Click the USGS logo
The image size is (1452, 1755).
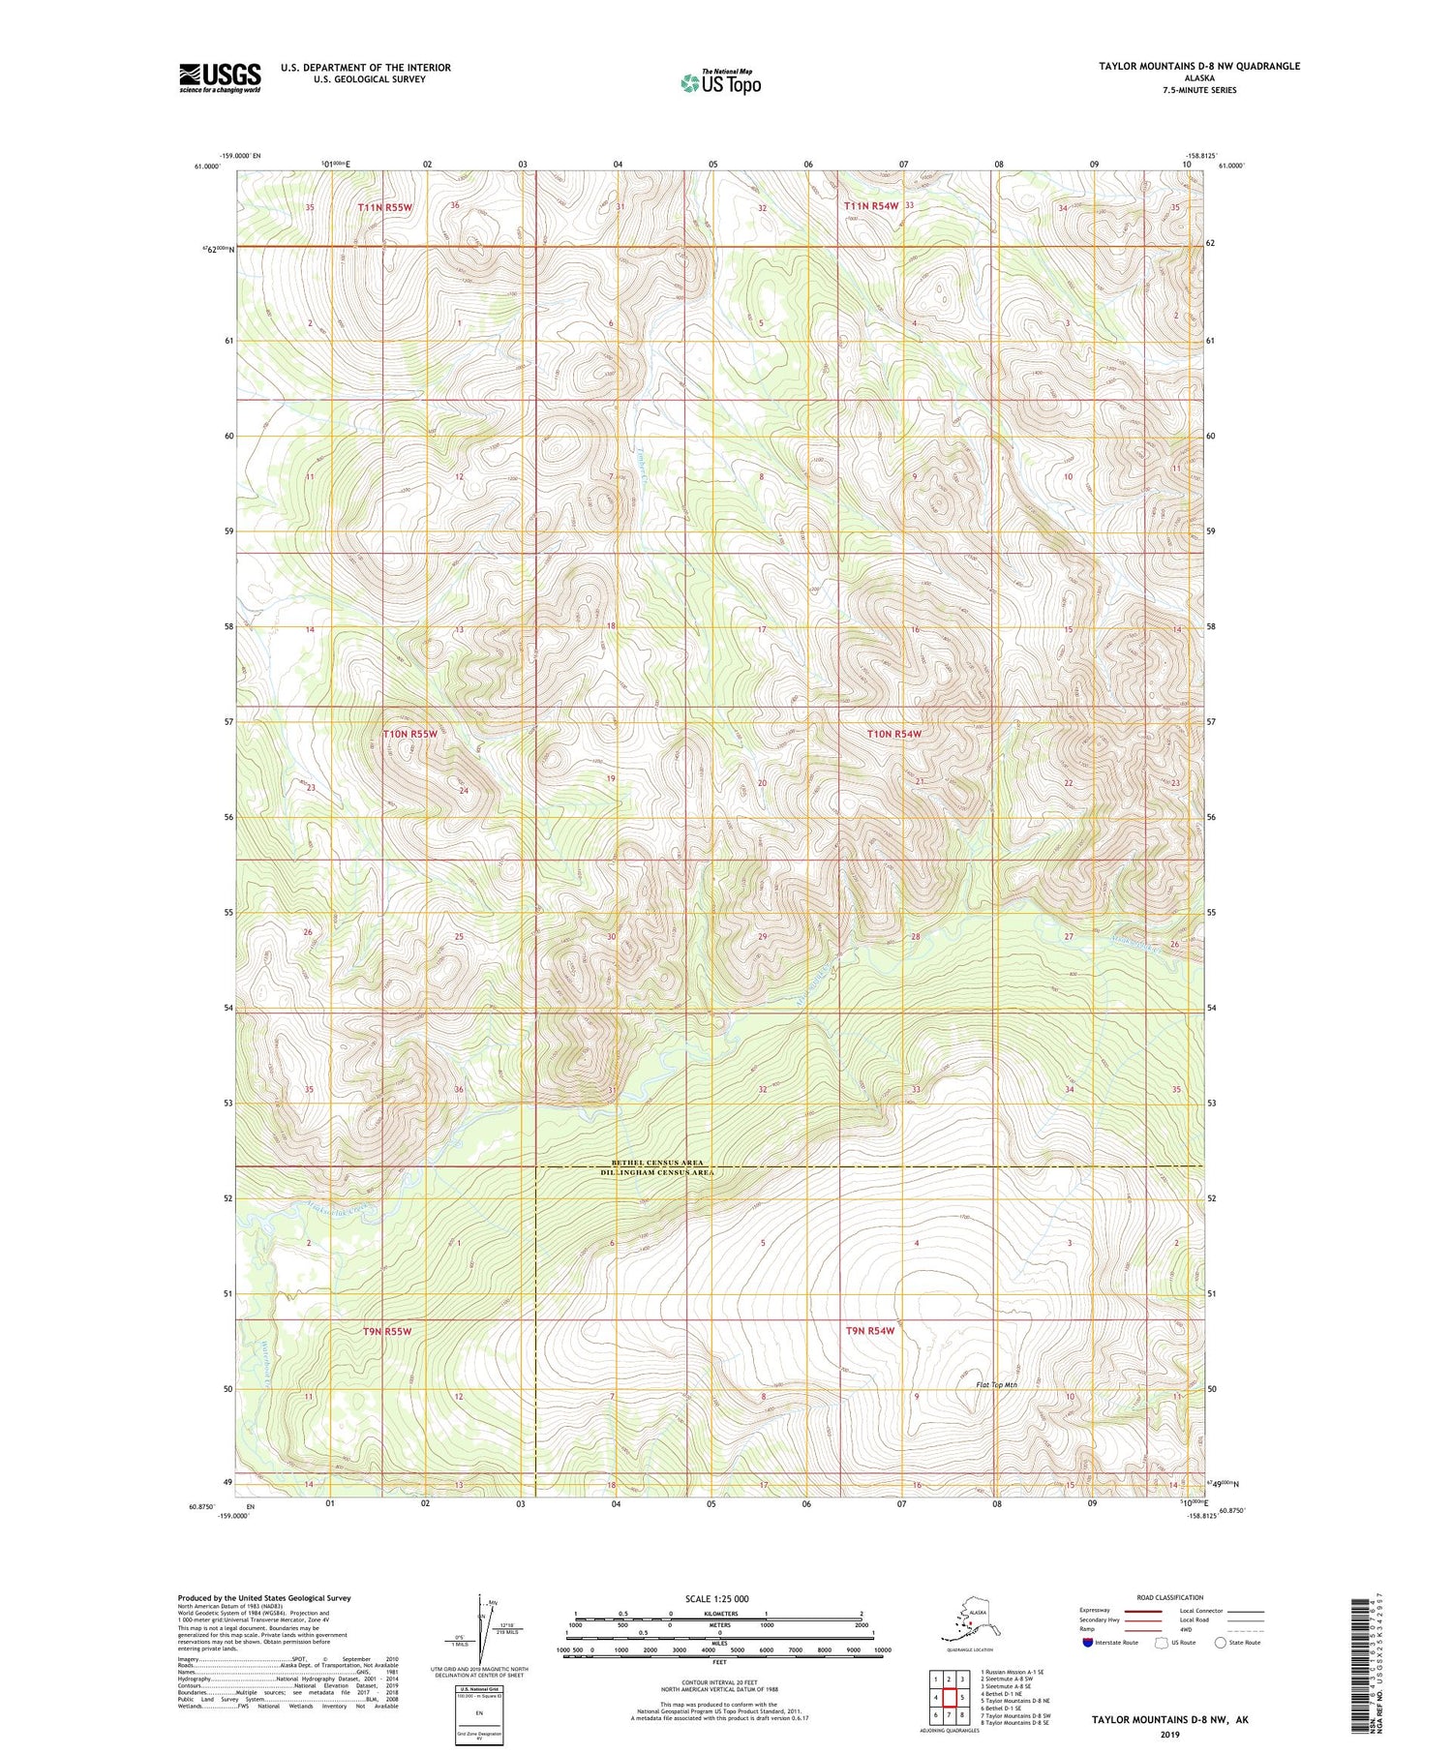[x=220, y=77]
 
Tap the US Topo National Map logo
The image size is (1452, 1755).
[x=720, y=82]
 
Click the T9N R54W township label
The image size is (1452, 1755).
[x=870, y=1331]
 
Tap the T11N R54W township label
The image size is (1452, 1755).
[x=871, y=206]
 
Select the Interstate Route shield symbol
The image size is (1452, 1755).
[x=1087, y=1642]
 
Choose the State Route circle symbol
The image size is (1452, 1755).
[x=1221, y=1642]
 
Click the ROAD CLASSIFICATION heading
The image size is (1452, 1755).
[x=1169, y=1597]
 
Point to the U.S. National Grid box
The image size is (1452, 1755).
[x=479, y=1712]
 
